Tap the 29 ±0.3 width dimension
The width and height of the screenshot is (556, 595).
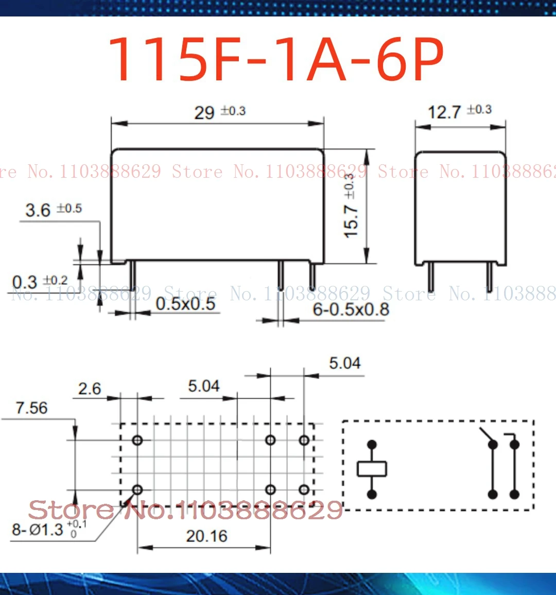click(x=219, y=112)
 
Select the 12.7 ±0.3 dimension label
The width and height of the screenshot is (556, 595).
click(x=459, y=111)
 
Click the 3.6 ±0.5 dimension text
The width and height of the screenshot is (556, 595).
click(x=53, y=210)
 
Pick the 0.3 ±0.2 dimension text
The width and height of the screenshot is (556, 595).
click(x=40, y=281)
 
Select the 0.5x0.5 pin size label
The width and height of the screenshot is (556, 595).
click(x=185, y=303)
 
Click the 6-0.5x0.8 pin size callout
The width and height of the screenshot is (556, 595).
click(x=351, y=310)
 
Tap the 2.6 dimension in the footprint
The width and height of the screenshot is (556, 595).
click(x=90, y=388)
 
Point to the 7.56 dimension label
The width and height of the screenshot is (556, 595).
click(x=31, y=407)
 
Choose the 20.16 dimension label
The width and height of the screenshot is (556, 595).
click(x=206, y=536)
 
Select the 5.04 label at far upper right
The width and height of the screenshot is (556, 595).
click(x=345, y=363)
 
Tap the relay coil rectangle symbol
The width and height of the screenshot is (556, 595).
click(x=372, y=469)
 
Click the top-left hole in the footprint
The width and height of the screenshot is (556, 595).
click(x=137, y=440)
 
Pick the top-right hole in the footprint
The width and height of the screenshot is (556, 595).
click(x=304, y=440)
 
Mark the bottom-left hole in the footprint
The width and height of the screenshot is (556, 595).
click(x=137, y=489)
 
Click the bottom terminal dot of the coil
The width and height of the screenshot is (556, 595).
click(x=372, y=495)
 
